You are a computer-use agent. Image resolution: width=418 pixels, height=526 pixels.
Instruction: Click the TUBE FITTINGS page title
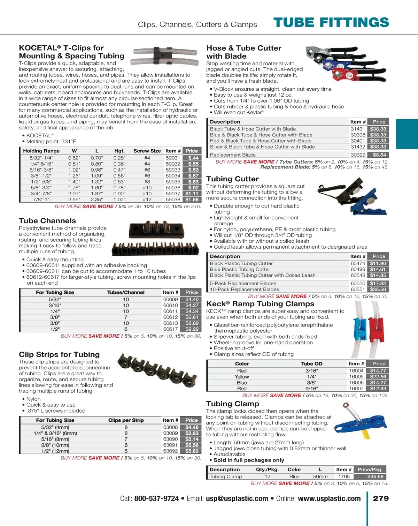(x=331, y=23)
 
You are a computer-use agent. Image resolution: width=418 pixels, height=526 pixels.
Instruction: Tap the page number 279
(x=381, y=498)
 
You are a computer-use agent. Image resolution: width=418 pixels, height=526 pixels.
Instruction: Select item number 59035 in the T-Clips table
(x=173, y=182)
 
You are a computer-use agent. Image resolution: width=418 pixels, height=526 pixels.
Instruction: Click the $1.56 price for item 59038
(x=192, y=200)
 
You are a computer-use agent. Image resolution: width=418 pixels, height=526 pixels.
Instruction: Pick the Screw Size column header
(x=147, y=151)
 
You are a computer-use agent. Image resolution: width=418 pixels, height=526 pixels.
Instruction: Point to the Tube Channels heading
(x=47, y=221)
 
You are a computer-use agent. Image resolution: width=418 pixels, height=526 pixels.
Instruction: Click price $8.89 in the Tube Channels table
(x=192, y=323)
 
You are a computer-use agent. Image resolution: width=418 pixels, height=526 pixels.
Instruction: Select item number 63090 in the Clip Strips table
(x=170, y=439)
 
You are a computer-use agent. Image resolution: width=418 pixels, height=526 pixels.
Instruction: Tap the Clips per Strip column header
(x=126, y=420)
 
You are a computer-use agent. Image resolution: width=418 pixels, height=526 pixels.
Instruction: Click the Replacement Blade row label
(x=233, y=155)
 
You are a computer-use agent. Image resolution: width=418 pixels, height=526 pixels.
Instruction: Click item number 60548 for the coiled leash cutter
(x=358, y=275)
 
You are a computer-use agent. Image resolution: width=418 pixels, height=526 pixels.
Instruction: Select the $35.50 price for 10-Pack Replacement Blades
(x=378, y=290)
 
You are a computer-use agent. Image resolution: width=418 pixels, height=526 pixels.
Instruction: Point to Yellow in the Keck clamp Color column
(x=242, y=377)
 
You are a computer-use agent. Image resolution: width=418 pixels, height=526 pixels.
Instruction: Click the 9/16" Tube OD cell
(x=311, y=389)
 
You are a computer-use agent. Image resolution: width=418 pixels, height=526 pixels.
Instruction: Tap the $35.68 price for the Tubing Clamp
(x=375, y=476)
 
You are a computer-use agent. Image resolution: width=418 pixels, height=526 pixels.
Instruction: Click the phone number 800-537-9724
(x=156, y=499)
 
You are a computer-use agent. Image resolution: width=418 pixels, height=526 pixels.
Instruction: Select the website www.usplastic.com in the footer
(x=329, y=499)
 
